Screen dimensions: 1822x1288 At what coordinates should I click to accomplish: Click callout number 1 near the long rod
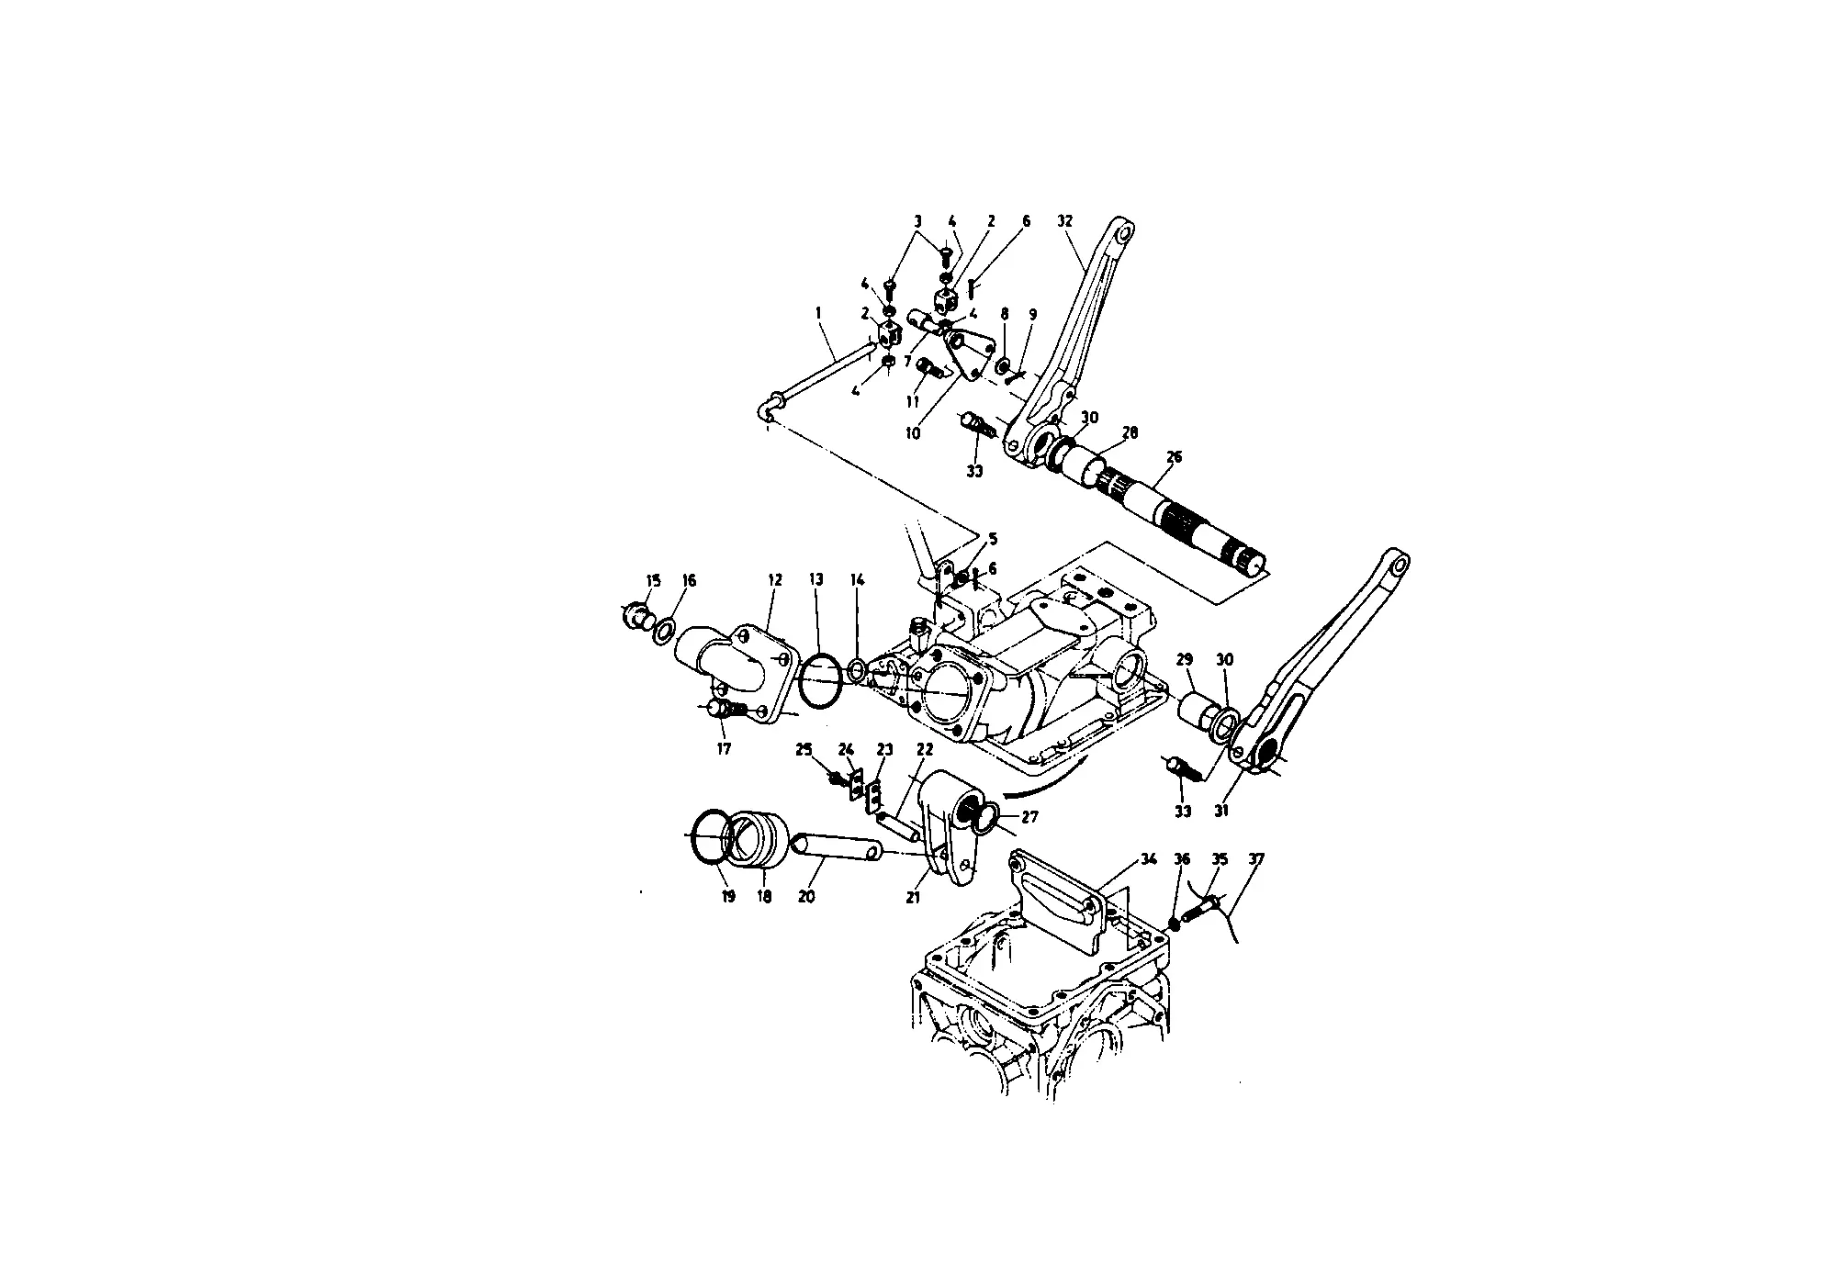817,313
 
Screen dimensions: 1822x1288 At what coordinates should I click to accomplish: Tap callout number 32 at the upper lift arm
1064,221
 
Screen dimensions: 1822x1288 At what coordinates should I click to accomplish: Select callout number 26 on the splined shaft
1174,456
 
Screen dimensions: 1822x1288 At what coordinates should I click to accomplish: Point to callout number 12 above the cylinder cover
775,579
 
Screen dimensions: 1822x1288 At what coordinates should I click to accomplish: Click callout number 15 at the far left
653,579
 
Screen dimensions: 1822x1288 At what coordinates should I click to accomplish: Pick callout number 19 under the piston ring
728,896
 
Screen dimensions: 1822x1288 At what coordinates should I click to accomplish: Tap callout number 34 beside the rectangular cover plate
1148,859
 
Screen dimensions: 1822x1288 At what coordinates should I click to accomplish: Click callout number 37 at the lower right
1255,859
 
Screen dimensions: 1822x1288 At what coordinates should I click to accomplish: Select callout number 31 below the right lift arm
1221,811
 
